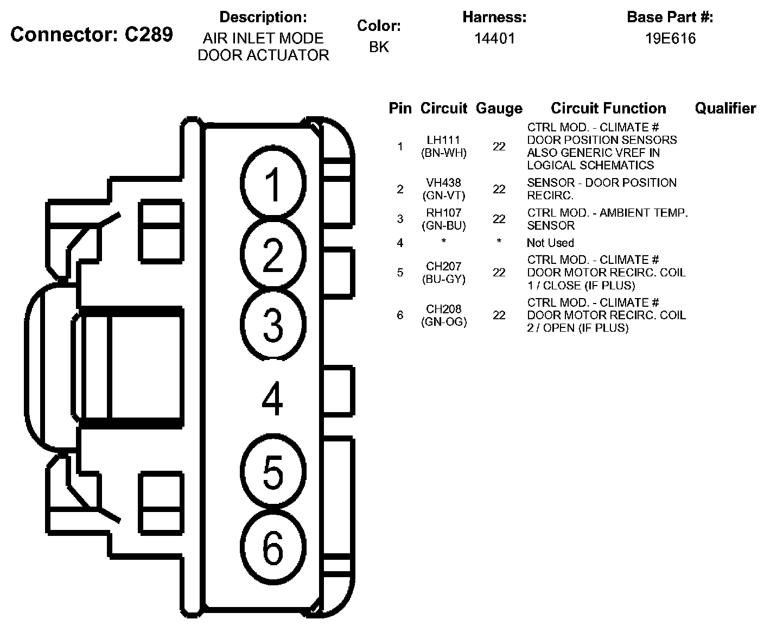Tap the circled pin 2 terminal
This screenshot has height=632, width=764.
tap(273, 254)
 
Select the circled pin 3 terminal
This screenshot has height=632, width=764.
tap(273, 325)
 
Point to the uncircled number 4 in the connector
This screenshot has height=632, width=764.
tap(272, 399)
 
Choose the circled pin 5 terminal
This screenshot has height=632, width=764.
tap(273, 472)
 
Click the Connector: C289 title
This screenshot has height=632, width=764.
tap(92, 34)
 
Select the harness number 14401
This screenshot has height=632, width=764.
tap(495, 39)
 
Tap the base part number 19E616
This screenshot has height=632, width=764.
tap(670, 39)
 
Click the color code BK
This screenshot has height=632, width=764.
tap(379, 47)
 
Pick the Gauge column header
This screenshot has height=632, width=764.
tap(499, 109)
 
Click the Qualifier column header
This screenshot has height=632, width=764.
tap(725, 109)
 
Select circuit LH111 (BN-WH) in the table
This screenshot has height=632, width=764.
tap(444, 147)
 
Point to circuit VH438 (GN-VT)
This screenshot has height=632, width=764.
tap(444, 189)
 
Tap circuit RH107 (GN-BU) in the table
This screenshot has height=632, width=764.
tap(444, 219)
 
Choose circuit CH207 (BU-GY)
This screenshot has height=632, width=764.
tap(444, 273)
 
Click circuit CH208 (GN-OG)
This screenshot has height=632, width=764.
tap(444, 315)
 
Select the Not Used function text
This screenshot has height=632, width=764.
tap(550, 243)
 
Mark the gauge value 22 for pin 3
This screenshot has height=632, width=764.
tap(499, 219)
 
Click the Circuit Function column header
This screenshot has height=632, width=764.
tap(608, 109)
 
